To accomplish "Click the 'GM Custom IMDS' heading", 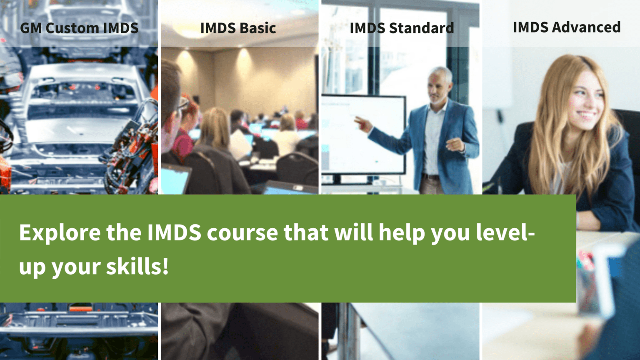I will (x=79, y=28).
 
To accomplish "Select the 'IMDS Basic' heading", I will (x=238, y=28).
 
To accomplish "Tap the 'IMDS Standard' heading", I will (x=402, y=28).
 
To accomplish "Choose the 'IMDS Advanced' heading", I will (x=567, y=27).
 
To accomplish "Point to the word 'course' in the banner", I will (x=242, y=232).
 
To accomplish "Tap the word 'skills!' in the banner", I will (x=137, y=267).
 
